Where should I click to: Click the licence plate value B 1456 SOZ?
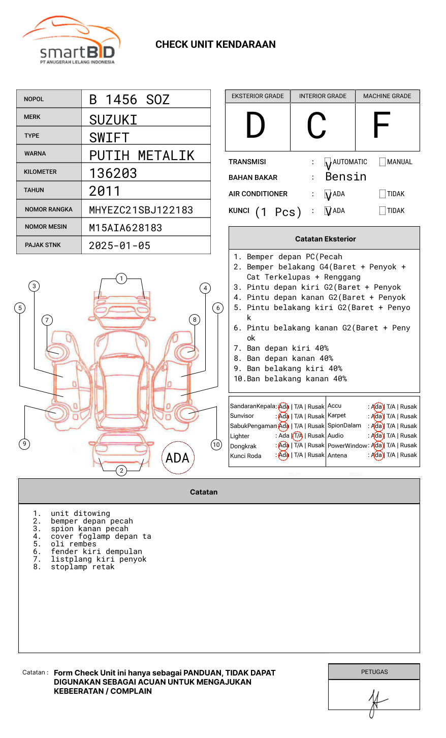tap(129, 100)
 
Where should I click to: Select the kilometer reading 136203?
tap(113, 173)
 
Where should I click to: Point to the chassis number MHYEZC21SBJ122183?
tap(141, 210)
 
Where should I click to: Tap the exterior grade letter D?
tap(256, 126)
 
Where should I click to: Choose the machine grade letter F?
tap(381, 126)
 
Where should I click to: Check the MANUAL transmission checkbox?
tap(383, 162)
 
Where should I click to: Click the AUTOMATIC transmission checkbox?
tap(328, 162)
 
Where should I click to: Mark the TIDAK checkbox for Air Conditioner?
tap(383, 194)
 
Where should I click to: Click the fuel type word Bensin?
tap(345, 177)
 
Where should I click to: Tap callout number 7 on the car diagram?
tap(47, 320)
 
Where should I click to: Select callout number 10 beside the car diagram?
tap(216, 445)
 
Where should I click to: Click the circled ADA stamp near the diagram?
tap(178, 458)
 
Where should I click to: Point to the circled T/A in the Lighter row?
tap(298, 436)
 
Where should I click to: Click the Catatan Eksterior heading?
tap(325, 239)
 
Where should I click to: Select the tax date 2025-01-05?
tap(119, 245)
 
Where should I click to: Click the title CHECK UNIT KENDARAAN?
tap(215, 45)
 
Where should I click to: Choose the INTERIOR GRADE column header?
tap(323, 96)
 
